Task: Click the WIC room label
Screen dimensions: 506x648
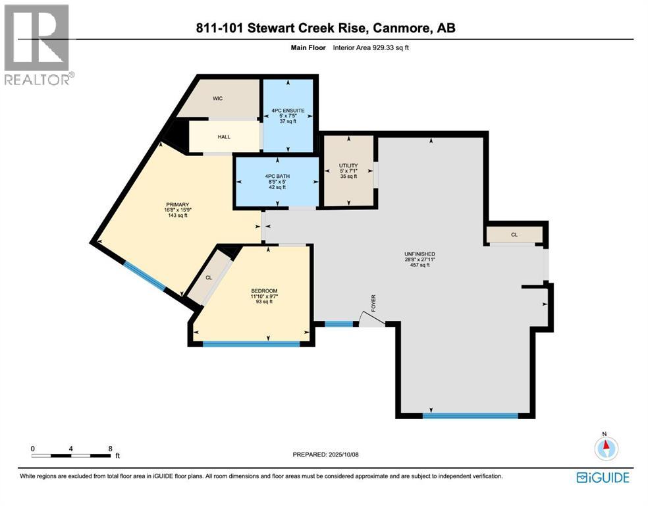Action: point(219,98)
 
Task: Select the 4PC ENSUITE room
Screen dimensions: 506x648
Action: point(288,115)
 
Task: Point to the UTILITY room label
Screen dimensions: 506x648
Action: point(348,165)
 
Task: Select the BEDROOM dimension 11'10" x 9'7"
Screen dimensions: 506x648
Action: point(264,296)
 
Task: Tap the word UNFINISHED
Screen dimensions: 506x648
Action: point(419,254)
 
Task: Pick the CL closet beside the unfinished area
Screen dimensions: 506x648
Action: point(514,234)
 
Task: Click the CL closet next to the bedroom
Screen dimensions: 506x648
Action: point(209,277)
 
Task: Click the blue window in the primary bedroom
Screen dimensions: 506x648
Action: point(145,275)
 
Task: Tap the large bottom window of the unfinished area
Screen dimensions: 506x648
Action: point(470,416)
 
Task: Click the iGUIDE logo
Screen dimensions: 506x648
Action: point(603,478)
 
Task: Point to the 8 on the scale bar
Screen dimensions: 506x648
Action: point(111,448)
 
